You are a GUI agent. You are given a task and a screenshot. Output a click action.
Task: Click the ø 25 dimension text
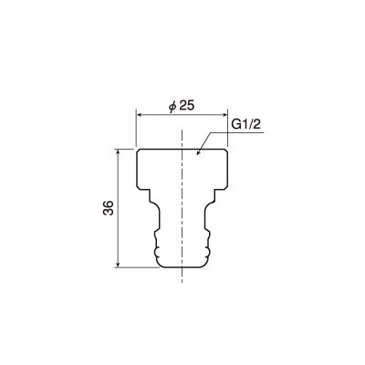click(x=182, y=106)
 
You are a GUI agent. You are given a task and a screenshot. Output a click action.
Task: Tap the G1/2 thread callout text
click(x=246, y=125)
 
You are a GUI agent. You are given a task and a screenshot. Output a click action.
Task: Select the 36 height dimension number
click(x=109, y=208)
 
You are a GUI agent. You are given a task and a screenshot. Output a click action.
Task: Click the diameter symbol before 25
click(x=172, y=107)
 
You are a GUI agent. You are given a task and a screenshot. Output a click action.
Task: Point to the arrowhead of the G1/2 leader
click(x=198, y=152)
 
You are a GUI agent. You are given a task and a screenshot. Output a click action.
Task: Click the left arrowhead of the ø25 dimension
click(x=139, y=115)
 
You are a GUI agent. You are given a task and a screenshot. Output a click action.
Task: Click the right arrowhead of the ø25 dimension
click(x=225, y=115)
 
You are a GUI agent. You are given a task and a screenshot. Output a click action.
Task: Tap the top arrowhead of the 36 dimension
click(x=118, y=151)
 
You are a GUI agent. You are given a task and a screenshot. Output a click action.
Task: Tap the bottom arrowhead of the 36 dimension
click(x=118, y=265)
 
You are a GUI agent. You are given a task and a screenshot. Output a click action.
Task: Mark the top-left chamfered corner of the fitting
click(x=137, y=151)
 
